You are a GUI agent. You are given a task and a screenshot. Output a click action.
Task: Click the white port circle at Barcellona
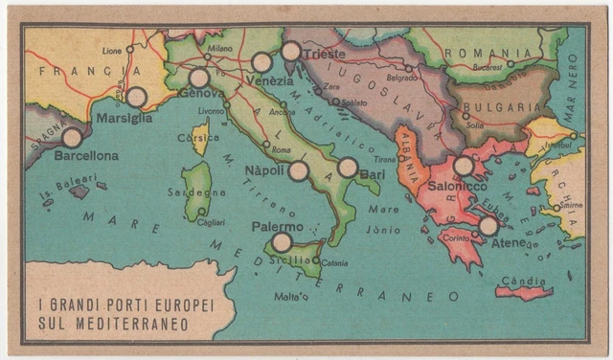click(72, 138)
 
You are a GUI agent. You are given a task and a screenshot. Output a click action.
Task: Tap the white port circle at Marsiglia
click(137, 97)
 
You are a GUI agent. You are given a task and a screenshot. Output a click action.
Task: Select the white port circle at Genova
click(199, 78)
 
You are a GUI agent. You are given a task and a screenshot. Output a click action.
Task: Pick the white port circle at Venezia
click(261, 63)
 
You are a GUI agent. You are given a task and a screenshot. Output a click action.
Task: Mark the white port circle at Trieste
click(292, 52)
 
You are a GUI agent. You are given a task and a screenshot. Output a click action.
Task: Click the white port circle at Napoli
click(299, 171)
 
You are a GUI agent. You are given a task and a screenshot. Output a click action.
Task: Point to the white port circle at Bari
click(348, 168)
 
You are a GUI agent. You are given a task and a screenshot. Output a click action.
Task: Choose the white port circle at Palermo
click(282, 242)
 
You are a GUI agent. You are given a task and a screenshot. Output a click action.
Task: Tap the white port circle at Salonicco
click(464, 166)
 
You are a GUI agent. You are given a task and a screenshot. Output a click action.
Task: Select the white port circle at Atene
click(488, 226)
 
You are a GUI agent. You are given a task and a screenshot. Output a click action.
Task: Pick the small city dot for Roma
click(265, 144)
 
